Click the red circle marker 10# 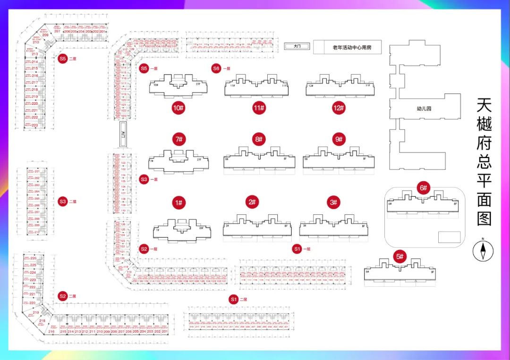tap(178, 108)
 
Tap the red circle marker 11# tap(258, 108)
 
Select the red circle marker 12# tap(338, 108)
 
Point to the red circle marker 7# tap(178, 140)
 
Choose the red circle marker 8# tap(258, 140)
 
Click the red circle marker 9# tap(338, 140)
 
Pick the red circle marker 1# tap(178, 203)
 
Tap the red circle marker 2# tap(252, 202)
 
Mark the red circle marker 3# tap(333, 202)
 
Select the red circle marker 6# tap(423, 188)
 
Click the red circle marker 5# tap(400, 257)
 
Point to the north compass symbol tap(483, 250)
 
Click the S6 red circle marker tap(216, 68)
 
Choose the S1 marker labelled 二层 tap(233, 299)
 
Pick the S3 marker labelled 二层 tap(62, 201)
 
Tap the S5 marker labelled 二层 tap(62, 59)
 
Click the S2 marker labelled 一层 tap(144, 249)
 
